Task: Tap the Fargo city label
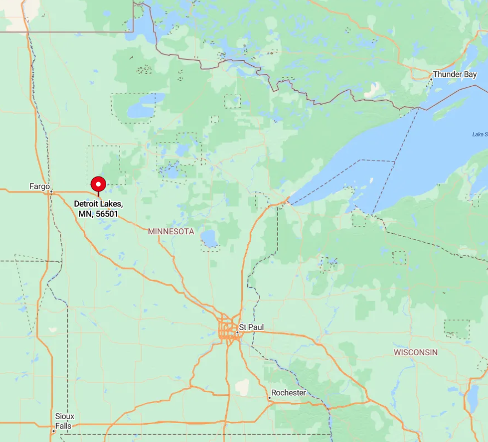point(39,186)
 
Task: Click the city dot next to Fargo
point(51,191)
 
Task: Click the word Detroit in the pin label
point(87,204)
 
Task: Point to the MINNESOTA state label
point(171,231)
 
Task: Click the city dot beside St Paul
point(237,332)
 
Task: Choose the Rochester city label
point(289,392)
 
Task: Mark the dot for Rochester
point(270,397)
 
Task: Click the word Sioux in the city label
point(64,416)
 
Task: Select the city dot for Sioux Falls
point(54,430)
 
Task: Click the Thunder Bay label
point(455,74)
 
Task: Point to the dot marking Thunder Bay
point(431,79)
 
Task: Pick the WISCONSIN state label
point(416,352)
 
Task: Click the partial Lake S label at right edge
point(480,134)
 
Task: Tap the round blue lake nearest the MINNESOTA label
point(210,239)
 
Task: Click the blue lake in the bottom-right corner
point(472,398)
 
